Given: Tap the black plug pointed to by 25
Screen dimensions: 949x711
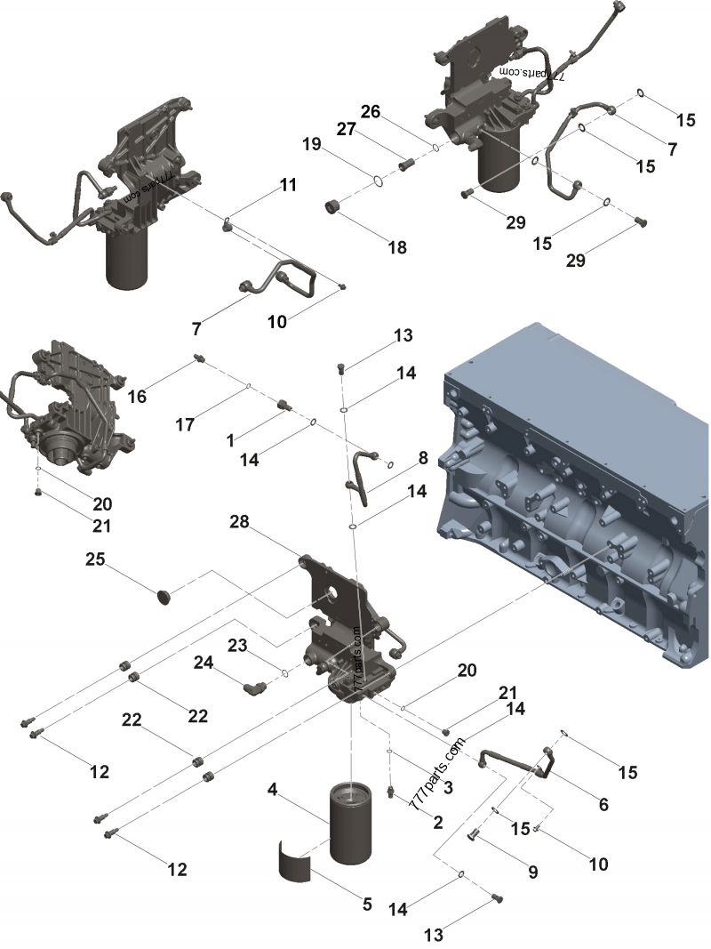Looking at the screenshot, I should point(163,594).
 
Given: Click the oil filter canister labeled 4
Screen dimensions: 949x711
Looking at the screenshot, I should point(355,823).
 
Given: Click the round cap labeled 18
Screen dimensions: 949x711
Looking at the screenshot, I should point(336,208).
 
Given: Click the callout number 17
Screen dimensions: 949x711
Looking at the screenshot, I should point(184,425).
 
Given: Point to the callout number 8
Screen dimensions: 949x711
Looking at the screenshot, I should point(423,458).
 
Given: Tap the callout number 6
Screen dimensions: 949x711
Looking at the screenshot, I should point(603,805).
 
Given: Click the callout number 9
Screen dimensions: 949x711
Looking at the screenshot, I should point(533,873).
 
